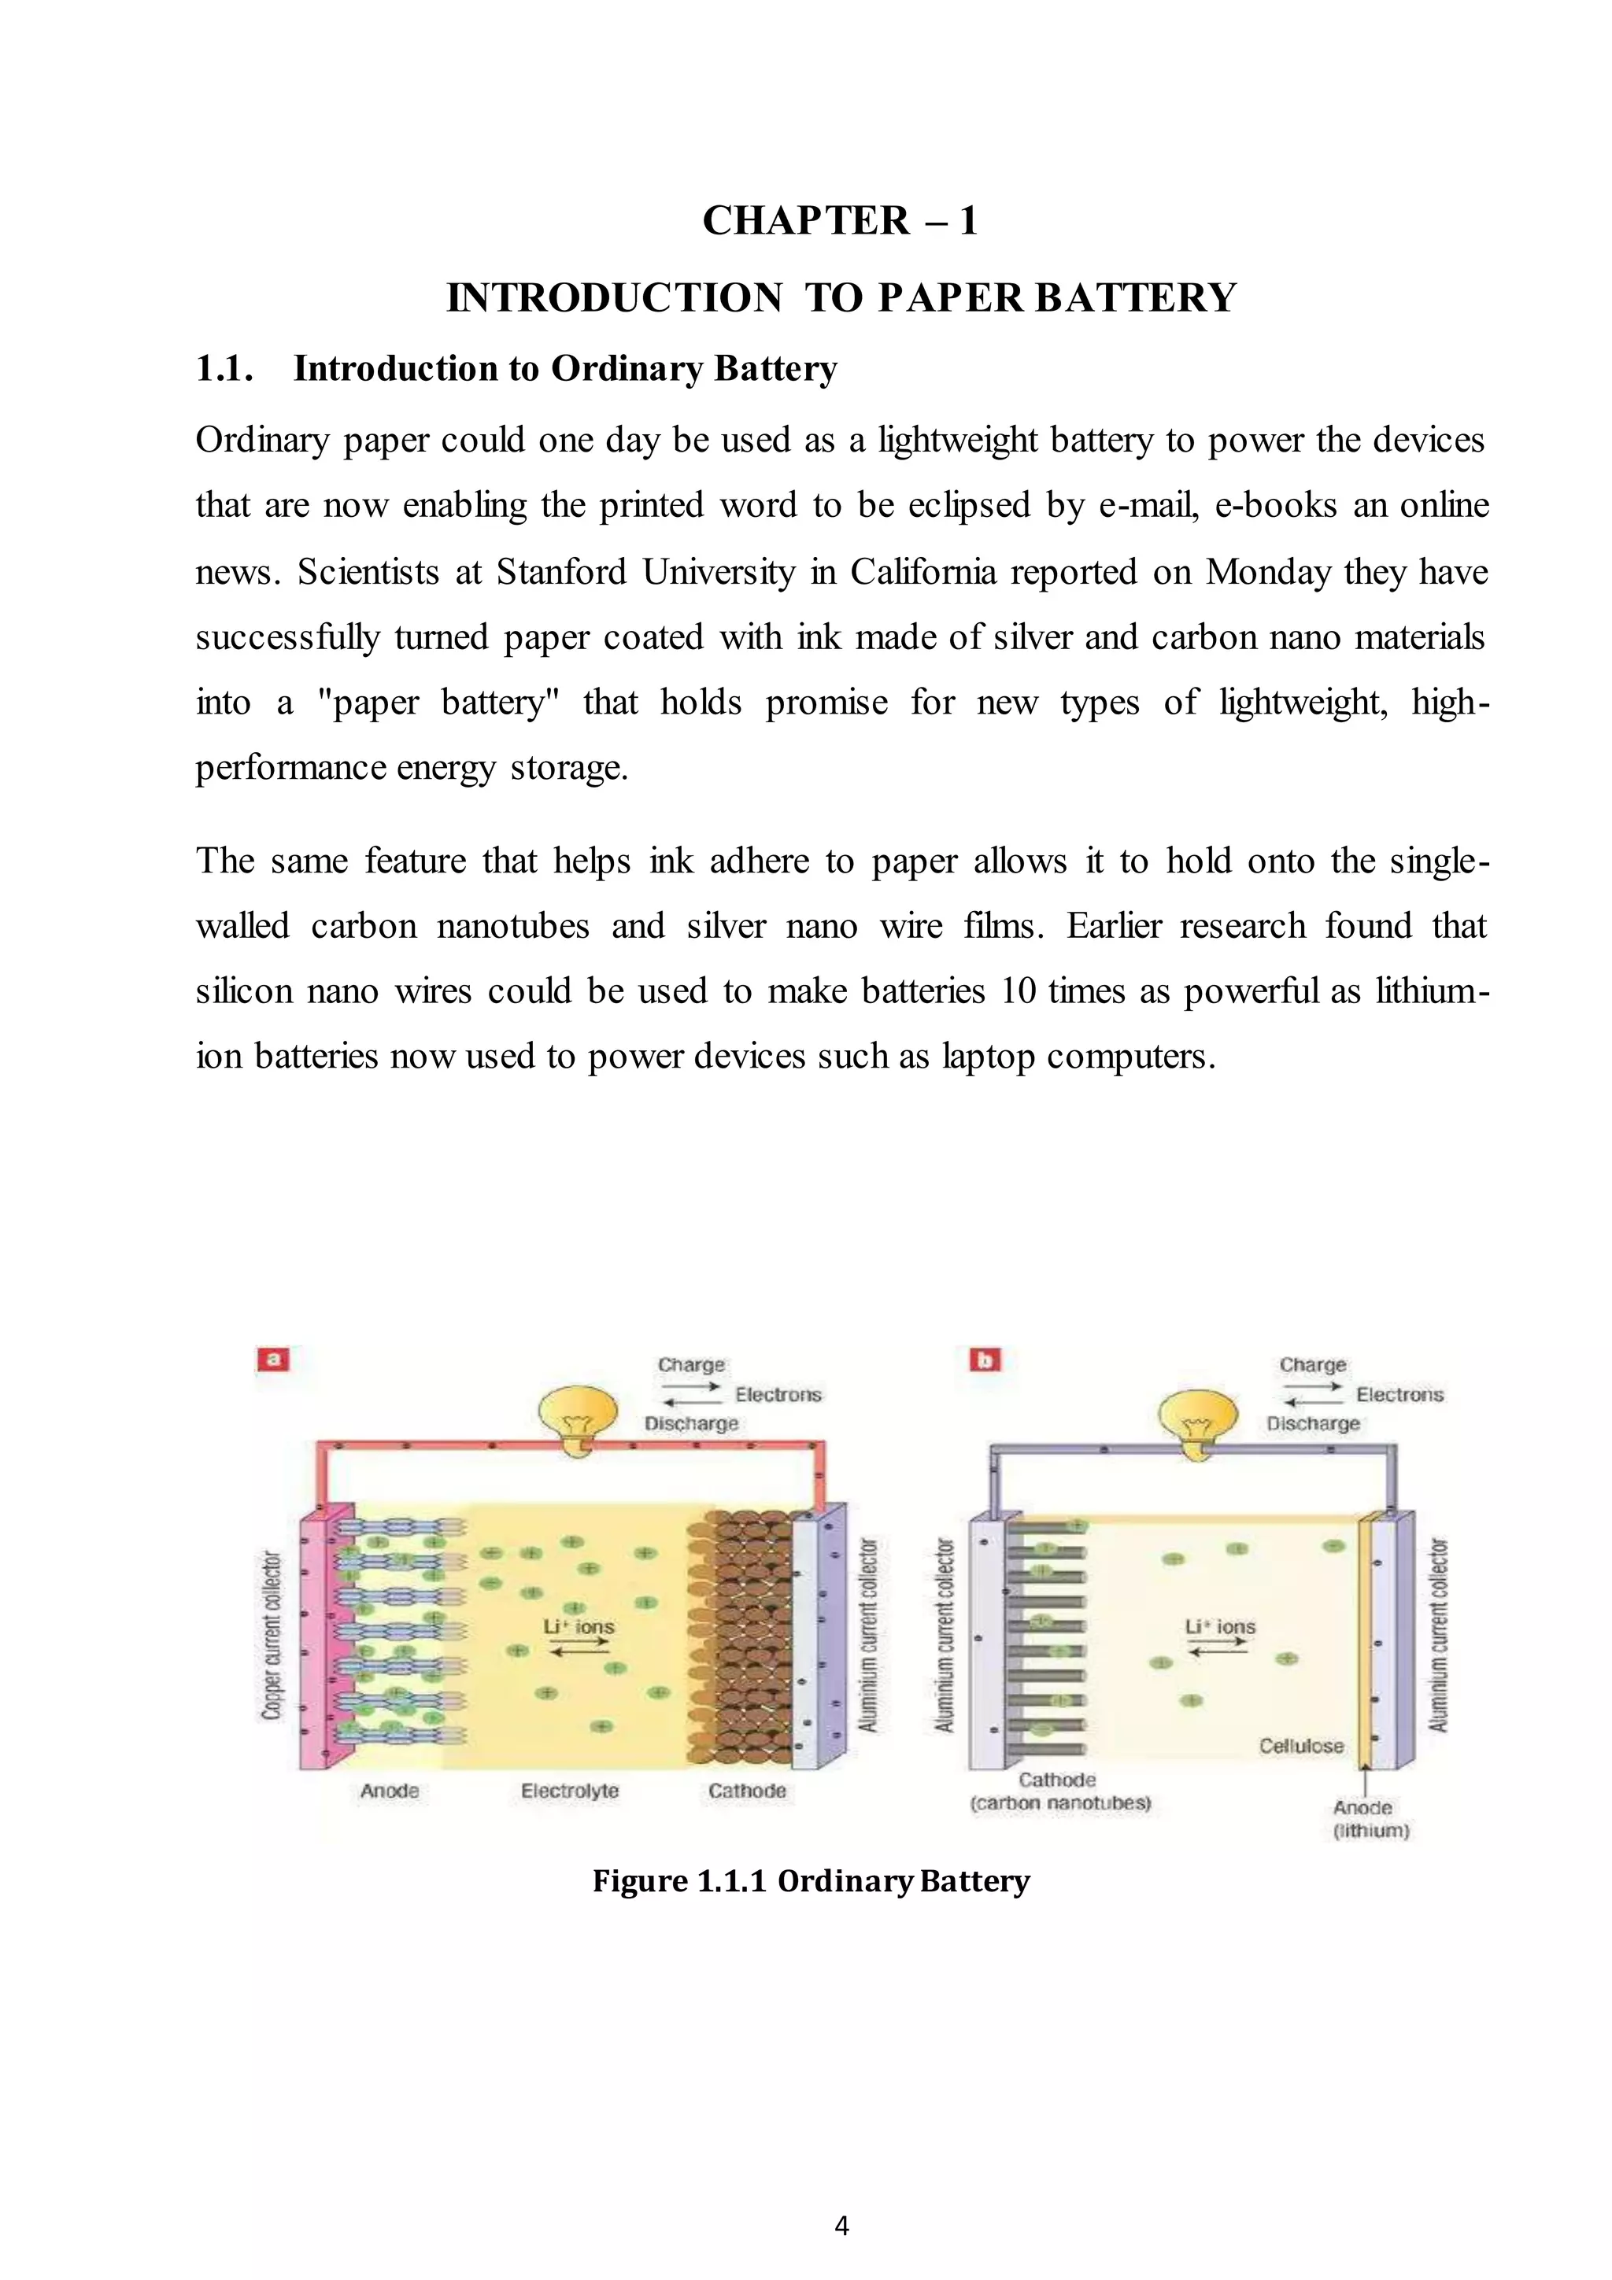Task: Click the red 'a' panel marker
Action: tap(273, 1359)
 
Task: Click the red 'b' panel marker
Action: tap(986, 1359)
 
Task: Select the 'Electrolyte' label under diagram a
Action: tap(570, 1791)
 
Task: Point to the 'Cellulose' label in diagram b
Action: tap(1301, 1746)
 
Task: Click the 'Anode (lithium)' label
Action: tap(1370, 1818)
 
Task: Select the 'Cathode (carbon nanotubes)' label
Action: tap(1059, 1791)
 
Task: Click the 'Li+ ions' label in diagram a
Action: tap(579, 1626)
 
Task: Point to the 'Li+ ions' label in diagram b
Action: tap(1220, 1626)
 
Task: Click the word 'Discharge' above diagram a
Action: tap(691, 1423)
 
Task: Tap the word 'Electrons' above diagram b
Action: tap(1399, 1394)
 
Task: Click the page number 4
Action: tap(841, 2227)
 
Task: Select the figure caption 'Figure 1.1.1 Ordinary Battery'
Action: tap(811, 1881)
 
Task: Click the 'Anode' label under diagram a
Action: tap(390, 1791)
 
